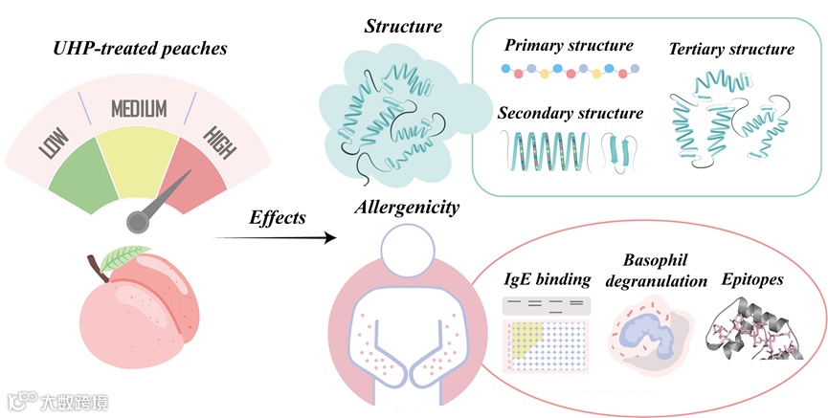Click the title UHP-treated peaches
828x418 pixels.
pos(142,47)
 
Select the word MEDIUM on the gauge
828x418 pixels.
pos(139,108)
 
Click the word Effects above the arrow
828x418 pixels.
pos(277,217)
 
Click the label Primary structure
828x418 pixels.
pos(569,45)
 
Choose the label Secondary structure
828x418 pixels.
pos(571,113)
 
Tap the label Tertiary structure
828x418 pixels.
pos(730,47)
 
